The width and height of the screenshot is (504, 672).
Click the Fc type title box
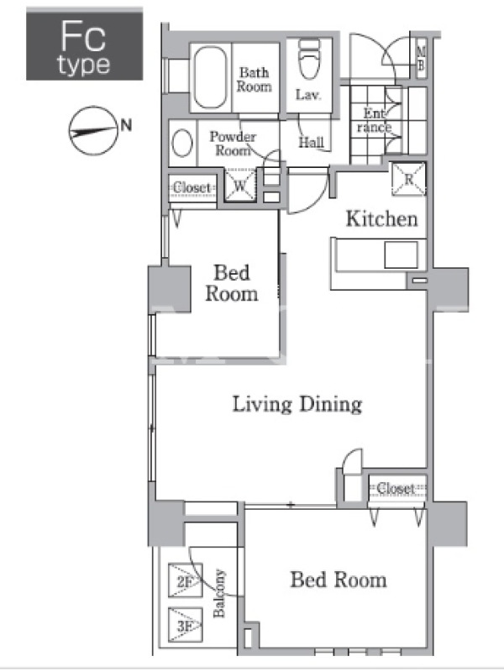coord(85,45)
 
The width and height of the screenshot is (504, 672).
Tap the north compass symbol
coord(93,131)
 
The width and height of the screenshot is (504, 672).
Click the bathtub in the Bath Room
coord(210,77)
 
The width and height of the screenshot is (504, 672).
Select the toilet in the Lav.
coord(309,59)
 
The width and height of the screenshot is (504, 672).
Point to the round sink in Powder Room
coord(182,143)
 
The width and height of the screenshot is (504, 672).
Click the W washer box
coord(240,185)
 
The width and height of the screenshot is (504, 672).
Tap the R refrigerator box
coord(409,179)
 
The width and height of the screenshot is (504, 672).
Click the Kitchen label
coord(381,218)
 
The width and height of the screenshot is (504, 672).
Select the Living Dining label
coord(297,404)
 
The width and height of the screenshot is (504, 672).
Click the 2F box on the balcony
coord(185,580)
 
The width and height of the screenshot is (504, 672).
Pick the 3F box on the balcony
coord(185,624)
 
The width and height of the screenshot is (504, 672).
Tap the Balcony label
coord(219,593)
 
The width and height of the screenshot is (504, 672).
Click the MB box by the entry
coord(422,59)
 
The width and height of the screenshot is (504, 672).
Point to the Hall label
coord(311,142)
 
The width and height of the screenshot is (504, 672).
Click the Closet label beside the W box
coord(192,187)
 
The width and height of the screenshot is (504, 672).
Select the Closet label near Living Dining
coord(396,488)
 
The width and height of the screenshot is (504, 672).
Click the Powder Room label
coord(233,144)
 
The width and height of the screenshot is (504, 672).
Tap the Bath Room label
coord(255,79)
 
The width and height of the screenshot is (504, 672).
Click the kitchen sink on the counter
coord(401,255)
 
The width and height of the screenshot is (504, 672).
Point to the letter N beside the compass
coord(126,125)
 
